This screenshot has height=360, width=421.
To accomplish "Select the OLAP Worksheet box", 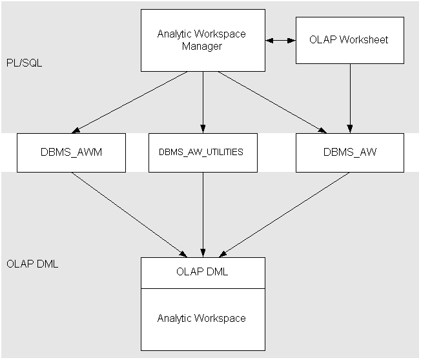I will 350,40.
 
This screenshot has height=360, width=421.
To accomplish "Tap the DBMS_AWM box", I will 71,153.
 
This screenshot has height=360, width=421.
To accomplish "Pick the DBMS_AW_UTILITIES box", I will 202,153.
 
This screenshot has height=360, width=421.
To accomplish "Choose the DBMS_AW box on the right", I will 350,153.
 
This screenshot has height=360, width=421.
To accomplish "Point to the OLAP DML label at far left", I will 32,264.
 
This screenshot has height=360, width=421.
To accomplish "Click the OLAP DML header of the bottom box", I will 202,272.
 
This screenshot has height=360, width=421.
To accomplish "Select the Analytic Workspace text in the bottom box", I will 202,318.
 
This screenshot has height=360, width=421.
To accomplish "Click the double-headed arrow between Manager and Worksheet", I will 280,40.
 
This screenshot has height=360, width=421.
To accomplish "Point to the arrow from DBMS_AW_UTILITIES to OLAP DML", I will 203,213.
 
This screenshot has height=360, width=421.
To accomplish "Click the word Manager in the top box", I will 202,47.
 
